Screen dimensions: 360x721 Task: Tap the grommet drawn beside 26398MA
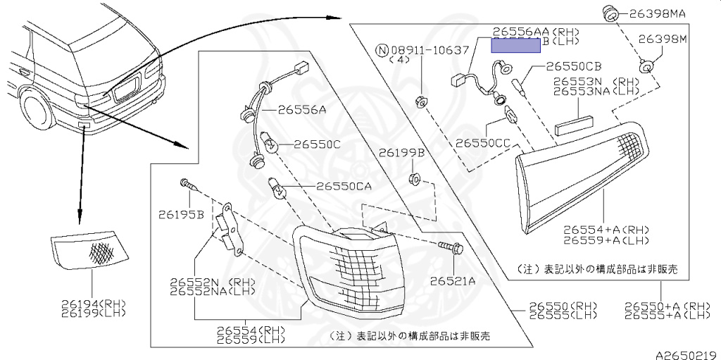[x=609, y=13]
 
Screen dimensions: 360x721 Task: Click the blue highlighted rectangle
[x=515, y=46]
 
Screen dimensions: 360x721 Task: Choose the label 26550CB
[x=574, y=66]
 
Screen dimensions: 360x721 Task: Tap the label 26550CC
[x=483, y=142]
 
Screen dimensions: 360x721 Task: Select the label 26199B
[x=401, y=152]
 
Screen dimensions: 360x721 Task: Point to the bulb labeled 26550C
[x=270, y=146]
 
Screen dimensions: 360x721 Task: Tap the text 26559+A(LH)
[x=606, y=240]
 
